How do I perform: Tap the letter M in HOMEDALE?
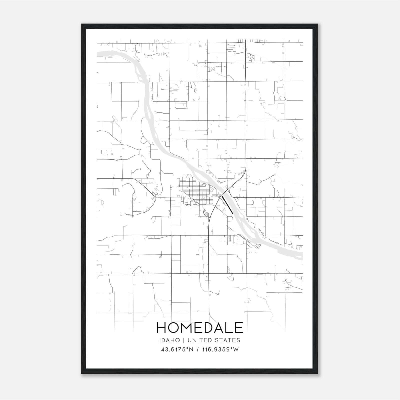(187, 327)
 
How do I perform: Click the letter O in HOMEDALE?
(174, 327)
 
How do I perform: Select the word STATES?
(228, 340)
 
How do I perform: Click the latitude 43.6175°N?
(177, 349)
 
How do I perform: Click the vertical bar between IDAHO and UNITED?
(183, 340)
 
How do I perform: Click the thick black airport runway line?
(227, 205)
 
